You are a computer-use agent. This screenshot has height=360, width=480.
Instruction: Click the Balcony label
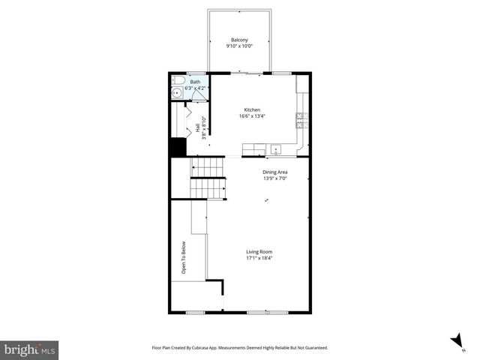[239, 40]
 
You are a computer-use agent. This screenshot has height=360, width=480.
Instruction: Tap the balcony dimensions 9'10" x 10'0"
[239, 46]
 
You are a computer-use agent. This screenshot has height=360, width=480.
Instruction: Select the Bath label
[195, 82]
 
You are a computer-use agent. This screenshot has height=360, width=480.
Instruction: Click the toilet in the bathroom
[177, 80]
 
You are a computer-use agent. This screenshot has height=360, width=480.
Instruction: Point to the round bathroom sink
[176, 93]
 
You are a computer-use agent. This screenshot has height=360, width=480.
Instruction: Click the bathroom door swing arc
[196, 95]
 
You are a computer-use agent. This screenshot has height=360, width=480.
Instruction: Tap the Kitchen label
[252, 109]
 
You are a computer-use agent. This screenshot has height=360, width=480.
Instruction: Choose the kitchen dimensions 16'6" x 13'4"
[252, 116]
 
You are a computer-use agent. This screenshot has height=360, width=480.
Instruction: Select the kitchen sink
[276, 149]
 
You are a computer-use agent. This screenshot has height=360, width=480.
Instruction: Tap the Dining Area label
[274, 172]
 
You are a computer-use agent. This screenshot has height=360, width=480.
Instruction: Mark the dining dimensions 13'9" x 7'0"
[274, 178]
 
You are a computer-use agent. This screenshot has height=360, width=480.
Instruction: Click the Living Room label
[259, 251]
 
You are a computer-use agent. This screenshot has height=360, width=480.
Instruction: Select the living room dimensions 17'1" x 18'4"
[259, 258]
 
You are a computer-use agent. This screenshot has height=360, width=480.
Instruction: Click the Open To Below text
[183, 257]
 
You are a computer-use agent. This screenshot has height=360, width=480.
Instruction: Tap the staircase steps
[207, 178]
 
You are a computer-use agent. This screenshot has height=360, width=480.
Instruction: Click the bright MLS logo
[30, 349]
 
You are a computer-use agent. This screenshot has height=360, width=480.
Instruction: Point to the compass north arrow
[455, 340]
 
